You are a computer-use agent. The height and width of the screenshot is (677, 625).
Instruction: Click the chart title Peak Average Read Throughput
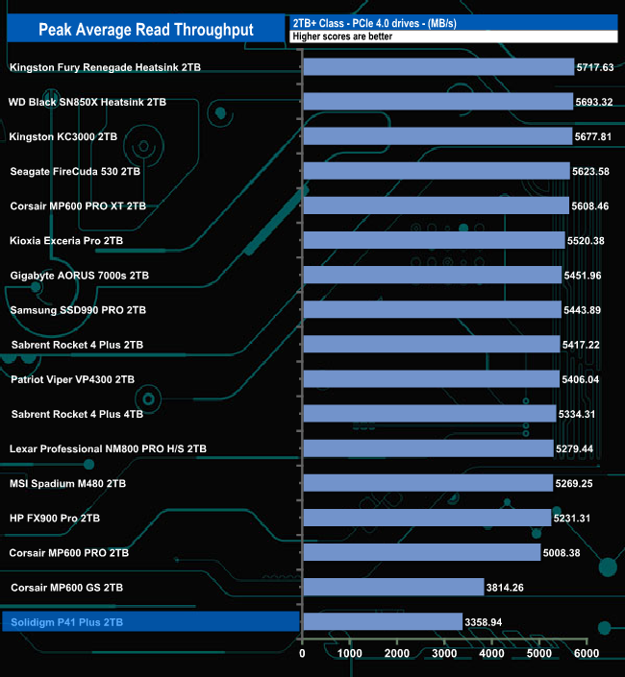pos(146,30)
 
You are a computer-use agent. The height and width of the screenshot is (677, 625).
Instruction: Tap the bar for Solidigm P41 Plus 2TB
pos(383,621)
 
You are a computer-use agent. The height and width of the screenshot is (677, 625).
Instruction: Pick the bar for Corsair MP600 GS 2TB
pos(393,587)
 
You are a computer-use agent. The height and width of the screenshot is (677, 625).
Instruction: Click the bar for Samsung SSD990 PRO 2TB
pos(432,310)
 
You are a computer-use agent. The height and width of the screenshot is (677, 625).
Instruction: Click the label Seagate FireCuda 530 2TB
pos(75,171)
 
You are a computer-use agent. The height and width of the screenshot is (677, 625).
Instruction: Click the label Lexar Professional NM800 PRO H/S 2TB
pos(108,448)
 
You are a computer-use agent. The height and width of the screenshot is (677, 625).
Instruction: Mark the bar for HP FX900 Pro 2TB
pos(427,518)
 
